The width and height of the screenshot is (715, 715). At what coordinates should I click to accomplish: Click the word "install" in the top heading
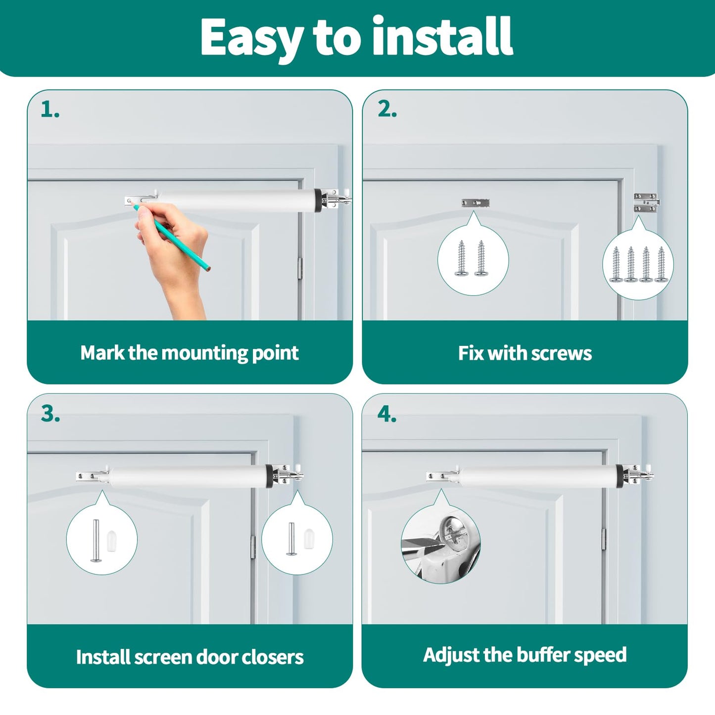click(442, 37)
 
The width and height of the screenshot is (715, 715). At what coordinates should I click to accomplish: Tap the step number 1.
click(49, 110)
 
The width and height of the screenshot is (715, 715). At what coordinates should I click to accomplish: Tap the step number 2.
click(387, 110)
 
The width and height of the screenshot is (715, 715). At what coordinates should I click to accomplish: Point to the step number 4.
click(387, 414)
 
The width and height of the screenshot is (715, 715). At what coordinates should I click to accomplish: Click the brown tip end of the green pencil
click(210, 269)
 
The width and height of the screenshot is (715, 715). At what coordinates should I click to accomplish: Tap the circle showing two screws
click(473, 260)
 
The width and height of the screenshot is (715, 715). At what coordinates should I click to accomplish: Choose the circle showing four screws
click(638, 265)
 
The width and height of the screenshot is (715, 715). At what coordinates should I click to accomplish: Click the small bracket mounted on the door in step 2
click(476, 203)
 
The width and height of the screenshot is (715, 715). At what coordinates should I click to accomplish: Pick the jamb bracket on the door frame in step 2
click(646, 203)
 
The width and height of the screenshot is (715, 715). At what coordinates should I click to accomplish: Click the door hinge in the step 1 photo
click(300, 268)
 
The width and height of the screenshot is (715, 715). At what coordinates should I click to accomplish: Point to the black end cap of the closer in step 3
click(269, 476)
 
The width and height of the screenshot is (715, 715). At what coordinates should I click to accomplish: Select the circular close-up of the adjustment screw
click(440, 544)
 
